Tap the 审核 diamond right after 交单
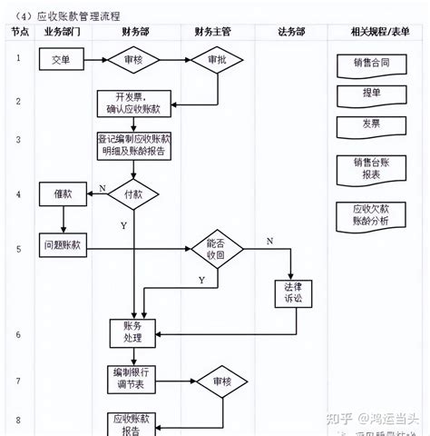coord(134,61)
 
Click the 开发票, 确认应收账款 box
coord(133,103)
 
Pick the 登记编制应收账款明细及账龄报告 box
coord(132,147)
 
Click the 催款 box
coord(62,193)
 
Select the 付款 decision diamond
coord(133,193)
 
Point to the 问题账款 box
coord(62,244)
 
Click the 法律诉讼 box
coord(292,293)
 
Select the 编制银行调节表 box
coord(133,380)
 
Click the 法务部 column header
coord(292,31)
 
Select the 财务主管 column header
coord(212,31)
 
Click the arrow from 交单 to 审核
coord(95,61)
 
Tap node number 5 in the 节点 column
coord(18,248)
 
